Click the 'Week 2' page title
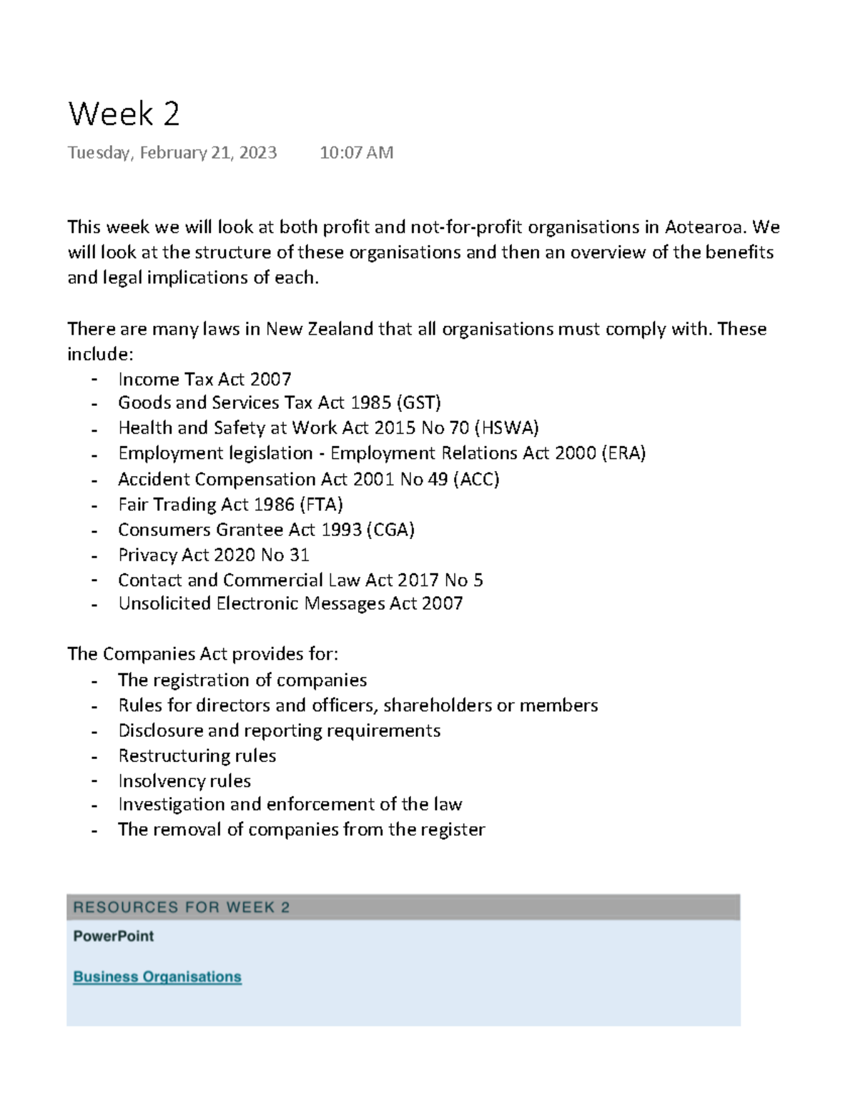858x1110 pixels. click(124, 114)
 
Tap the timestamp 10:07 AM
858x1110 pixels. click(356, 152)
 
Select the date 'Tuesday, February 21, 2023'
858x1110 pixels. click(172, 152)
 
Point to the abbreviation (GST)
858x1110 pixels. click(418, 402)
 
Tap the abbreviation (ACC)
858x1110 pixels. click(476, 479)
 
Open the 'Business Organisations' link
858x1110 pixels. click(157, 976)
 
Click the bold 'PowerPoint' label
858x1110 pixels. click(113, 936)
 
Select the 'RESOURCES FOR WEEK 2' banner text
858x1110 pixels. click(181, 907)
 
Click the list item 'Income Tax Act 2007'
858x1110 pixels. click(204, 379)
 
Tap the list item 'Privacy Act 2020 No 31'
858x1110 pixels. click(213, 555)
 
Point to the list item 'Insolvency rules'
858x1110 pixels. click(184, 781)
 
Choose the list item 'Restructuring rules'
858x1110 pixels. click(197, 755)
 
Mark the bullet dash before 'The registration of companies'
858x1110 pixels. click(94, 680)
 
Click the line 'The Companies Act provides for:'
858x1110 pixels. click(202, 654)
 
